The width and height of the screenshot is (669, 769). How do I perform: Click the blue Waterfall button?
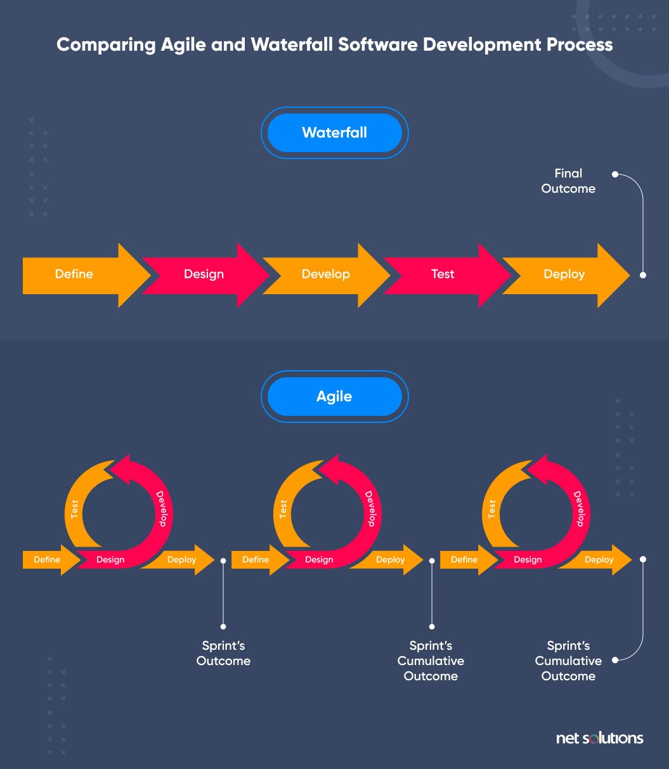tap(334, 132)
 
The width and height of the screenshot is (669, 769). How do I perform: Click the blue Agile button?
tap(334, 396)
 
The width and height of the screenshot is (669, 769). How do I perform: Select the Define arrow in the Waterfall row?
tap(74, 275)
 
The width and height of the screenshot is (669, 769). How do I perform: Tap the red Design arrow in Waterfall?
tap(204, 275)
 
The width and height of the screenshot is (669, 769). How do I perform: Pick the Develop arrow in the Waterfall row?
tap(325, 275)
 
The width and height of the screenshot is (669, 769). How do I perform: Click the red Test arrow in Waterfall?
tap(443, 275)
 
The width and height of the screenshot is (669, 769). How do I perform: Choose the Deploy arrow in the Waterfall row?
tap(564, 275)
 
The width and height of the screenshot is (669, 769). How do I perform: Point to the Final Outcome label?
tap(568, 181)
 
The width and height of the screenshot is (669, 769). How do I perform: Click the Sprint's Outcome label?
tap(223, 653)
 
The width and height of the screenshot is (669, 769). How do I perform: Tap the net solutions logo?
tap(599, 738)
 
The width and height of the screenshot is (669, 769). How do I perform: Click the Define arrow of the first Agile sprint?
tap(48, 560)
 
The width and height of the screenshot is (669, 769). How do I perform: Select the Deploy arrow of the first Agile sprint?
tap(182, 560)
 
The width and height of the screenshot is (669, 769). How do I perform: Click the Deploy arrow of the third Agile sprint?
tap(599, 560)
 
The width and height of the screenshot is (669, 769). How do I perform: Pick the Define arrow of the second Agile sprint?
tap(256, 560)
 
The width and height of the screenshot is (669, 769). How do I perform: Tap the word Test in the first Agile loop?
tap(75, 509)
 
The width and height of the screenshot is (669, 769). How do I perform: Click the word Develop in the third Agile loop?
tap(578, 508)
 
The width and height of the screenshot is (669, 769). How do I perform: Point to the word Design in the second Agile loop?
tap(319, 560)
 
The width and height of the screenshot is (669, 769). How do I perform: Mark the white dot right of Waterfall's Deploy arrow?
tap(643, 275)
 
